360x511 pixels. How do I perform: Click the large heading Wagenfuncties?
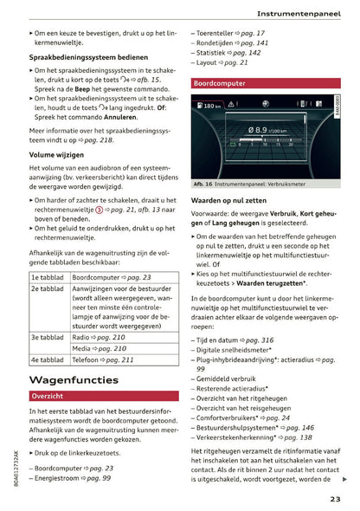(74, 379)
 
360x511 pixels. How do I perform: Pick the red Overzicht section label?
(49, 396)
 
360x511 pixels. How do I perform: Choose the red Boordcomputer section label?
(222, 84)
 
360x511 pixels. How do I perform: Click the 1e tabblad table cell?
(48, 277)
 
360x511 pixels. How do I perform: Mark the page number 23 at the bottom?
(335, 498)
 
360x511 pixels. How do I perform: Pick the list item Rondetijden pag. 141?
(232, 42)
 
